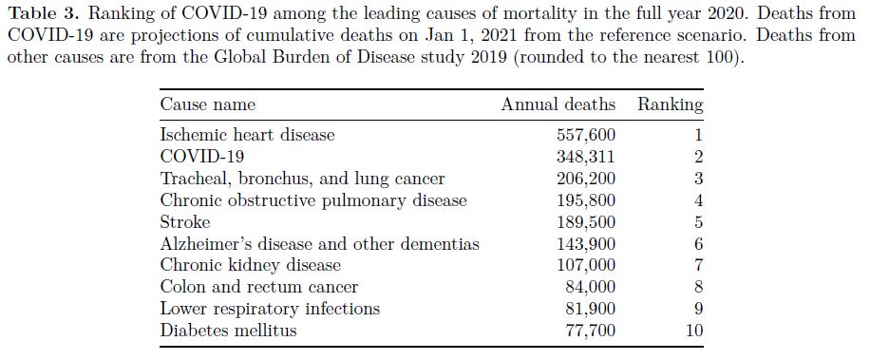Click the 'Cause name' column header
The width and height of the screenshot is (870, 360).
pyautogui.click(x=207, y=104)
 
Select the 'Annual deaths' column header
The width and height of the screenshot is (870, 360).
pyautogui.click(x=558, y=104)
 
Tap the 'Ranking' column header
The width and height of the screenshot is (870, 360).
pyautogui.click(x=671, y=104)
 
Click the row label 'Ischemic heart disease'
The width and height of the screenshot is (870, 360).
pyautogui.click(x=248, y=135)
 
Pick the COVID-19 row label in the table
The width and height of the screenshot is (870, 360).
pyautogui.click(x=202, y=157)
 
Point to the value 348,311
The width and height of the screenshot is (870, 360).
pyautogui.click(x=586, y=157)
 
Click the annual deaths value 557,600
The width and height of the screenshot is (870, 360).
pyautogui.click(x=586, y=135)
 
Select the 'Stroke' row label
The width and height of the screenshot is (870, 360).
pyautogui.click(x=185, y=222)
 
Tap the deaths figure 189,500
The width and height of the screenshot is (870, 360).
pyautogui.click(x=586, y=222)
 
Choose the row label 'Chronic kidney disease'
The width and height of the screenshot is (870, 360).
pyautogui.click(x=250, y=266)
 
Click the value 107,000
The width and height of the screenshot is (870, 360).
pyautogui.click(x=586, y=266)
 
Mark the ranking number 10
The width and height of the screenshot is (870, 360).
pyautogui.click(x=694, y=331)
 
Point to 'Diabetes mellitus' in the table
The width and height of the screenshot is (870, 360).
pyautogui.click(x=229, y=331)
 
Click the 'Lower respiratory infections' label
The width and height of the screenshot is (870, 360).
pyautogui.click(x=270, y=309)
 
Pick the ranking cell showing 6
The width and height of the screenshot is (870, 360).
pyautogui.click(x=698, y=244)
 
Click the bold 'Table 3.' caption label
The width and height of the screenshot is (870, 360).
pyautogui.click(x=45, y=14)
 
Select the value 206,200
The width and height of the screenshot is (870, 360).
pyautogui.click(x=586, y=179)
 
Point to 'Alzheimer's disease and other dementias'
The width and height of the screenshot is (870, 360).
pyautogui.click(x=319, y=244)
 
